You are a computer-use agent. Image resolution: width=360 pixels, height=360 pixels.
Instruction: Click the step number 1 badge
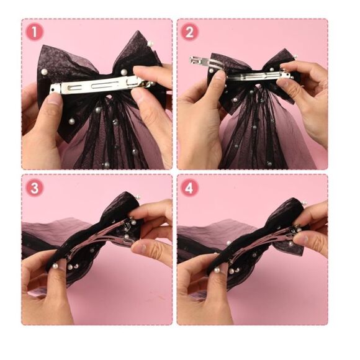[34, 32]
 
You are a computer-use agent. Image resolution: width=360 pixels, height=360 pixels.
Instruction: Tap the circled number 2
[189, 32]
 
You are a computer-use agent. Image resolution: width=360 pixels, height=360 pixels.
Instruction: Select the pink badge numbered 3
[34, 188]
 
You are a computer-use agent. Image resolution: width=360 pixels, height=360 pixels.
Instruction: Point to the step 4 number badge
[189, 188]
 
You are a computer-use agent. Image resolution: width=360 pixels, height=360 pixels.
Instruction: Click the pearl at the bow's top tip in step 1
[150, 43]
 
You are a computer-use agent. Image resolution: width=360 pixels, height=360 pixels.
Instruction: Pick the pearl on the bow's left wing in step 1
[44, 72]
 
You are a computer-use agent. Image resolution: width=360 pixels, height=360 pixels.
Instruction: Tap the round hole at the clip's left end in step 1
[53, 89]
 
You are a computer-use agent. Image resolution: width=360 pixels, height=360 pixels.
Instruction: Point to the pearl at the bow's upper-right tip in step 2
[295, 56]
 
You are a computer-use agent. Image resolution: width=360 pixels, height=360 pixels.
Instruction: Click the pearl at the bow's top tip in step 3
[138, 197]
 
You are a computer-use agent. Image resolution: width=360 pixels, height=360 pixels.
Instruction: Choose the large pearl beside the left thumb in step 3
[55, 266]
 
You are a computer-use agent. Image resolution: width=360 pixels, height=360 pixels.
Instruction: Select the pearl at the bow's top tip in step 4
[304, 203]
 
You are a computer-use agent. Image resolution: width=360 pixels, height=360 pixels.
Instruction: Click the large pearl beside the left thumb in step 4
[216, 271]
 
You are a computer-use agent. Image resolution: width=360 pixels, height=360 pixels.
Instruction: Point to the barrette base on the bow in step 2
[256, 76]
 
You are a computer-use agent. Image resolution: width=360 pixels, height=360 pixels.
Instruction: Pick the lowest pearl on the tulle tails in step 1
[107, 164]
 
